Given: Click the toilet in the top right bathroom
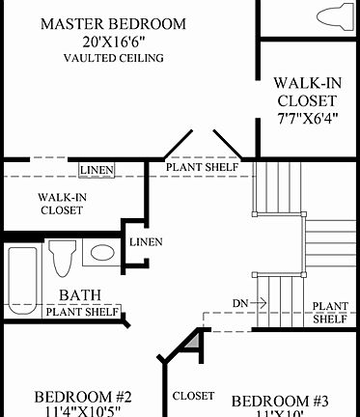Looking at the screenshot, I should coord(330,14).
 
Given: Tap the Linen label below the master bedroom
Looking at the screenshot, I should coord(97,170).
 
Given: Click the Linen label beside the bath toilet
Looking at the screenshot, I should coord(146,241).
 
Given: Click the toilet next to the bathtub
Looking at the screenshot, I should coord(63,258).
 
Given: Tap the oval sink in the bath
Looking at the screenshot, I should coord(100,255).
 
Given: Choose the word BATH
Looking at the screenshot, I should coord(81,294).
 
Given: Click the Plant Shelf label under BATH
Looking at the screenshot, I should coord(82,311).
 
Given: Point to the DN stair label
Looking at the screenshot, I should coord(241,303).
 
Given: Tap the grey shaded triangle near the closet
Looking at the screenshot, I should coord(195,340).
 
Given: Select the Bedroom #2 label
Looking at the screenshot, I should coord(83,397).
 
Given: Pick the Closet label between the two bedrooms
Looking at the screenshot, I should coord(192,396).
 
